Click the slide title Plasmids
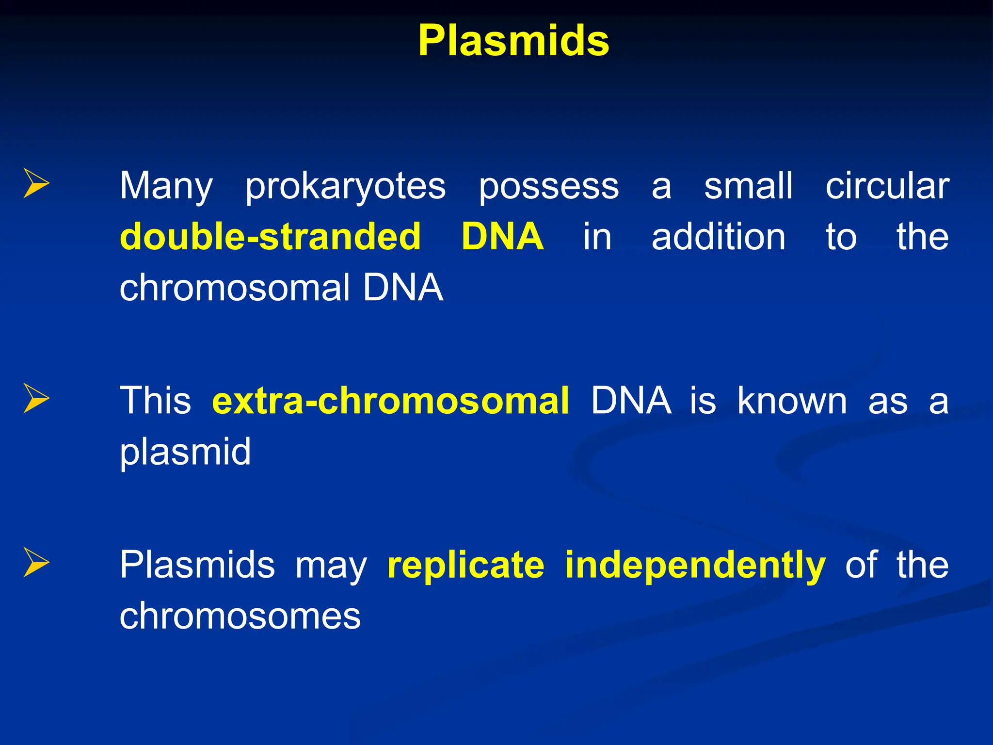pos(513,41)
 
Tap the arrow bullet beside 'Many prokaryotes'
pos(36,183)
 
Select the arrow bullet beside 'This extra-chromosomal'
pos(36,398)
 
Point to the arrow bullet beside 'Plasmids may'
pos(36,563)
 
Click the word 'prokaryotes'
pos(345,187)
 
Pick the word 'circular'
pos(887,186)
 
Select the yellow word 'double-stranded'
pos(270,237)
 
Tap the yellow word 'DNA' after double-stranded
pos(502,237)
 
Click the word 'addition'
pos(718,237)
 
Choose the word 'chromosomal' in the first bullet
pos(235,288)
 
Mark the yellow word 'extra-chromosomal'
pos(390,401)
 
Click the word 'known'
pos(792,401)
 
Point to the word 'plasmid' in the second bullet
pos(185,453)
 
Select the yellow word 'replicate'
pos(465,565)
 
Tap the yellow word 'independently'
pos(695,566)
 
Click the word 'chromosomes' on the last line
pos(240,616)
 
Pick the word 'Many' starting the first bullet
pos(166,187)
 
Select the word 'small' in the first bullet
pos(748,186)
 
